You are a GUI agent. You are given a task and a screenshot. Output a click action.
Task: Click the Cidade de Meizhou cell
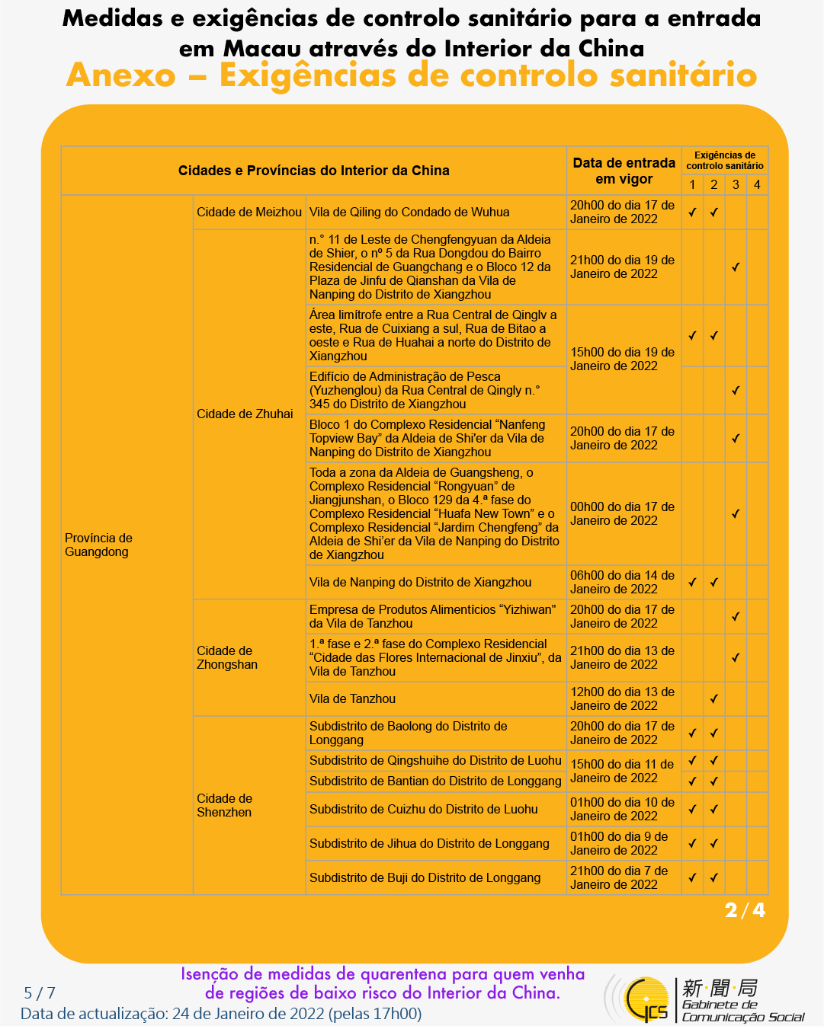coord(248,213)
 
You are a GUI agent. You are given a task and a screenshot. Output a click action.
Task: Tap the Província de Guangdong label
coord(98,545)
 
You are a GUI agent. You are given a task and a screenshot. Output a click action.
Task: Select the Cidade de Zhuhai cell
coord(245,414)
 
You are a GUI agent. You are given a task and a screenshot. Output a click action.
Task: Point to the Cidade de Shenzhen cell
coord(224,805)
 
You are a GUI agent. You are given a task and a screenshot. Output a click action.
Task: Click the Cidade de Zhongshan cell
coord(227,657)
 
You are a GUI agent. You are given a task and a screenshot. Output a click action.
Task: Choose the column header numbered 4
coord(757,184)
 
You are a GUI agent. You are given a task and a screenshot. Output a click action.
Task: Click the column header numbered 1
coord(692,184)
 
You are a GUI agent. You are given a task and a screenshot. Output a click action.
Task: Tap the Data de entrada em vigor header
coord(624,171)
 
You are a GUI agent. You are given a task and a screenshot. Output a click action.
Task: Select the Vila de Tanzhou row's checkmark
coord(713,698)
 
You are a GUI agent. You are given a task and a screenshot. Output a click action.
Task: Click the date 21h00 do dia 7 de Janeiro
coord(619,877)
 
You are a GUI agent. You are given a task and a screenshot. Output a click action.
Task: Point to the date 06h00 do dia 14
coord(622,582)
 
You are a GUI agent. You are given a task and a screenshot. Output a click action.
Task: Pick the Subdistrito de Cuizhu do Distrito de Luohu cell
coord(423,809)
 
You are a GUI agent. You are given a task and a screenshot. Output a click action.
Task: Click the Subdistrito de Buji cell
coord(425,877)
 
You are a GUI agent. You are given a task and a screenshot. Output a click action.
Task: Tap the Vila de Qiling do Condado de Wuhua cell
coord(409,213)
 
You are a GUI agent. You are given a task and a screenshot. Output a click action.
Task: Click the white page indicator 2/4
coord(745,910)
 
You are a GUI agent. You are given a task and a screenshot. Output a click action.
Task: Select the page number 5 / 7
coord(40,992)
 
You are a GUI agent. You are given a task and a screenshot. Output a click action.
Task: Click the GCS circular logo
coord(645,999)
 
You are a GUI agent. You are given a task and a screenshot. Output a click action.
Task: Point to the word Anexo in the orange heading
coord(120,75)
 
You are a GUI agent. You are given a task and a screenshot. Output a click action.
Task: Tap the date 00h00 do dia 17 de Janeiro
coord(622,513)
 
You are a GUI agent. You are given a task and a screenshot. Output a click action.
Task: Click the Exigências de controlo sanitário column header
coord(724,160)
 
